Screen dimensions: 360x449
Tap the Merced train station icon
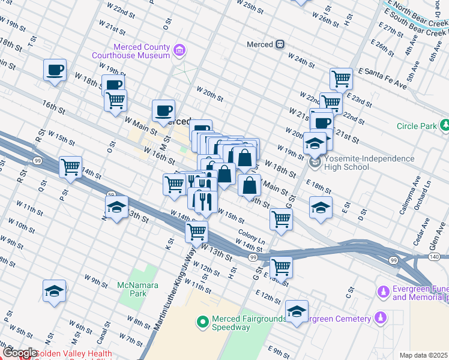280,44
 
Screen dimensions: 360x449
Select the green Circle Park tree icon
445,126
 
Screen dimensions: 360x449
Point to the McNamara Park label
137,289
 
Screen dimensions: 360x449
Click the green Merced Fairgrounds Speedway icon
203,323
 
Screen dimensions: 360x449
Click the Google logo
20,353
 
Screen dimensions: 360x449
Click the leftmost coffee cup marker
55,70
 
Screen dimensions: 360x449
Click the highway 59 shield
110,194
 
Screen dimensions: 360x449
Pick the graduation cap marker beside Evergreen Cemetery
297,312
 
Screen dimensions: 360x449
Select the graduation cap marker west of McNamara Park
55,292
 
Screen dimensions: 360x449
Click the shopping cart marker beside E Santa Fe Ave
341,78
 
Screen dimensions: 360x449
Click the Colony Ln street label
252,235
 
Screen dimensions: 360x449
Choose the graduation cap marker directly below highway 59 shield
116,208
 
